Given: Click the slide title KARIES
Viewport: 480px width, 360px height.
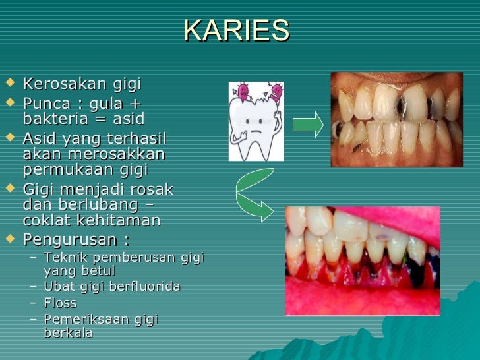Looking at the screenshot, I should pyautogui.click(x=237, y=30).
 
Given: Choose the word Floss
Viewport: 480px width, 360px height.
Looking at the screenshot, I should pyautogui.click(x=60, y=303).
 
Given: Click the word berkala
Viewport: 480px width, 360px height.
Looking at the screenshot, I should pyautogui.click(x=68, y=333).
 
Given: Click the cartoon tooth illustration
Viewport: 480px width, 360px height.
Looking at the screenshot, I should pyautogui.click(x=256, y=122).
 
